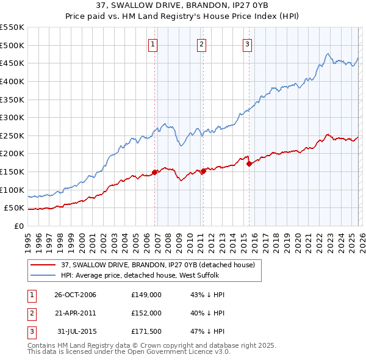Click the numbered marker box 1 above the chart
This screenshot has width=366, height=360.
coord(152,43)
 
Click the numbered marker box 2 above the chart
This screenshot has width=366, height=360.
coord(201,43)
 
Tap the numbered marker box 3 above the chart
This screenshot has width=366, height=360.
coord(247,43)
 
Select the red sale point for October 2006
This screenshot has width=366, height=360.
coord(155,172)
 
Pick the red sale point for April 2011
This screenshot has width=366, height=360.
coord(203,171)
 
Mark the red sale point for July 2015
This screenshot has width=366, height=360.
coord(249,164)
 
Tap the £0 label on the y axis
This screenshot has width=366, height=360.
coord(18,226)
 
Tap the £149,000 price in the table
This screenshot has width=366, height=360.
coord(146,295)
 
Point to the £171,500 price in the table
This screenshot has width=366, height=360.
coord(146,331)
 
